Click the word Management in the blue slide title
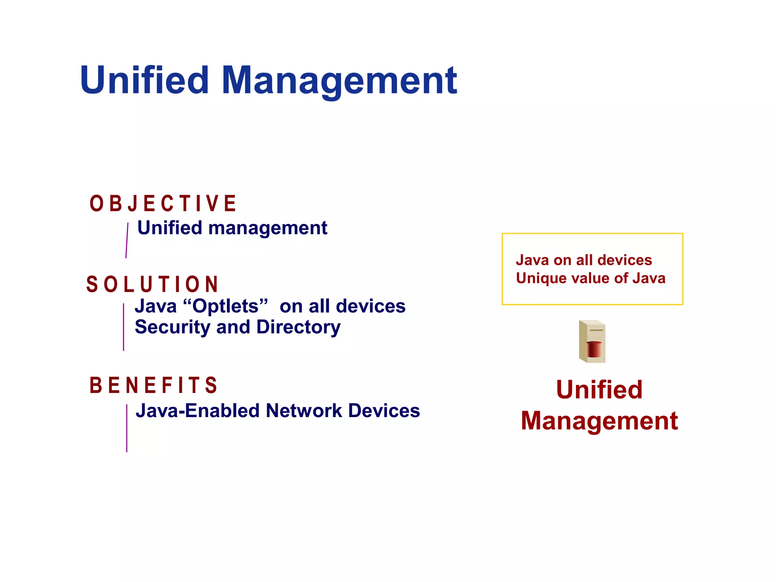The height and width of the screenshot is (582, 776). click(339, 81)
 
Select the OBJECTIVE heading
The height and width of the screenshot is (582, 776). click(163, 203)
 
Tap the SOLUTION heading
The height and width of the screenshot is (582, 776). click(152, 284)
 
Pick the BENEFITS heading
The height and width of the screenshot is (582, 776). click(153, 385)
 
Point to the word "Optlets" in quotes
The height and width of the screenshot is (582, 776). click(225, 306)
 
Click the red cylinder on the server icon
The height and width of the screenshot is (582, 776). click(594, 349)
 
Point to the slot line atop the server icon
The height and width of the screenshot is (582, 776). click(596, 330)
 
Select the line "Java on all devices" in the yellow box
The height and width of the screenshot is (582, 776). click(584, 260)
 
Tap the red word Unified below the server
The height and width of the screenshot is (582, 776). click(599, 390)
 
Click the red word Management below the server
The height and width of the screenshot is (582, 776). click(599, 421)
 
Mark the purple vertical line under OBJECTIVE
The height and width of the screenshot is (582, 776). click(127, 241)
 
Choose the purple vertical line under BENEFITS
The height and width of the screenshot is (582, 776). click(127, 428)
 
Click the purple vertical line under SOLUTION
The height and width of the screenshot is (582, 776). click(124, 327)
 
